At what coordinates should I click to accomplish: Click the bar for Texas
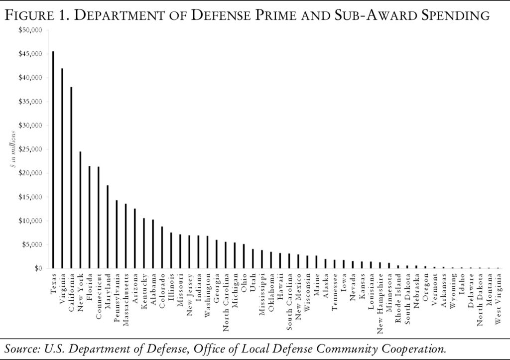click(x=53, y=160)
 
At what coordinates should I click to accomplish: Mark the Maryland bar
click(x=108, y=227)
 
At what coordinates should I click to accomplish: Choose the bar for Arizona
click(x=134, y=239)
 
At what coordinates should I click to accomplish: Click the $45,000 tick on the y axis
click(x=31, y=54)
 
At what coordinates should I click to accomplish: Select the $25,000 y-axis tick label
click(x=31, y=149)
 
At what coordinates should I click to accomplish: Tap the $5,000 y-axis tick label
click(x=32, y=244)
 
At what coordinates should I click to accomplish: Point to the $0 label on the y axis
click(x=38, y=268)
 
